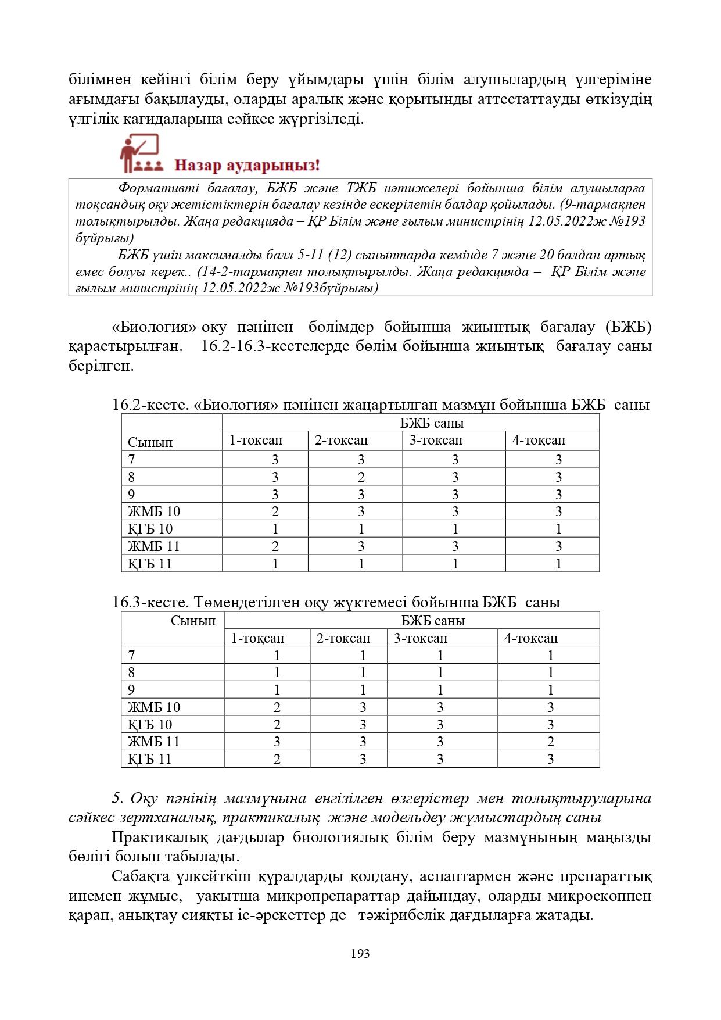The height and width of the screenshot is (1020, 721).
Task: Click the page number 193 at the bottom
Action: (360, 954)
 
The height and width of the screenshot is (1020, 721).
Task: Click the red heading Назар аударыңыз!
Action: (247, 166)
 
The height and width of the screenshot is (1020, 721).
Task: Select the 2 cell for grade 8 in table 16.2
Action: (361, 477)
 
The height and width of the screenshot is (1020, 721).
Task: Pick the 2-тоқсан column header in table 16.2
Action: (341, 441)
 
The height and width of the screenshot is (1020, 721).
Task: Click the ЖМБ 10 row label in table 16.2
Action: (154, 511)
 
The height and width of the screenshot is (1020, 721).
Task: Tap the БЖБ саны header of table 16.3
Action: (433, 621)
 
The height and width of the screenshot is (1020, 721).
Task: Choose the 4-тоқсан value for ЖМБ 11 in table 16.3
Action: (550, 742)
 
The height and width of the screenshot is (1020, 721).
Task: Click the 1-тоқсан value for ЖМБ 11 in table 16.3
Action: (277, 742)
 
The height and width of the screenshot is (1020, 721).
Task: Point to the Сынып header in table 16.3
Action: (193, 621)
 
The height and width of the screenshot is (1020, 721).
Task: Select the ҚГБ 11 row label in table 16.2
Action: (150, 563)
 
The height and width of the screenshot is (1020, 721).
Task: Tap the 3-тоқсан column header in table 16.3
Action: (421, 638)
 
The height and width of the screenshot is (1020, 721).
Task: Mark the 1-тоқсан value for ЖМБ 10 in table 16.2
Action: (275, 511)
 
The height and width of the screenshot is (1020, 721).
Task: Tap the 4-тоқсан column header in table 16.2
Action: (539, 441)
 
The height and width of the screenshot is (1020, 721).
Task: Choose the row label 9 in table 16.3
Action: (132, 690)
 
